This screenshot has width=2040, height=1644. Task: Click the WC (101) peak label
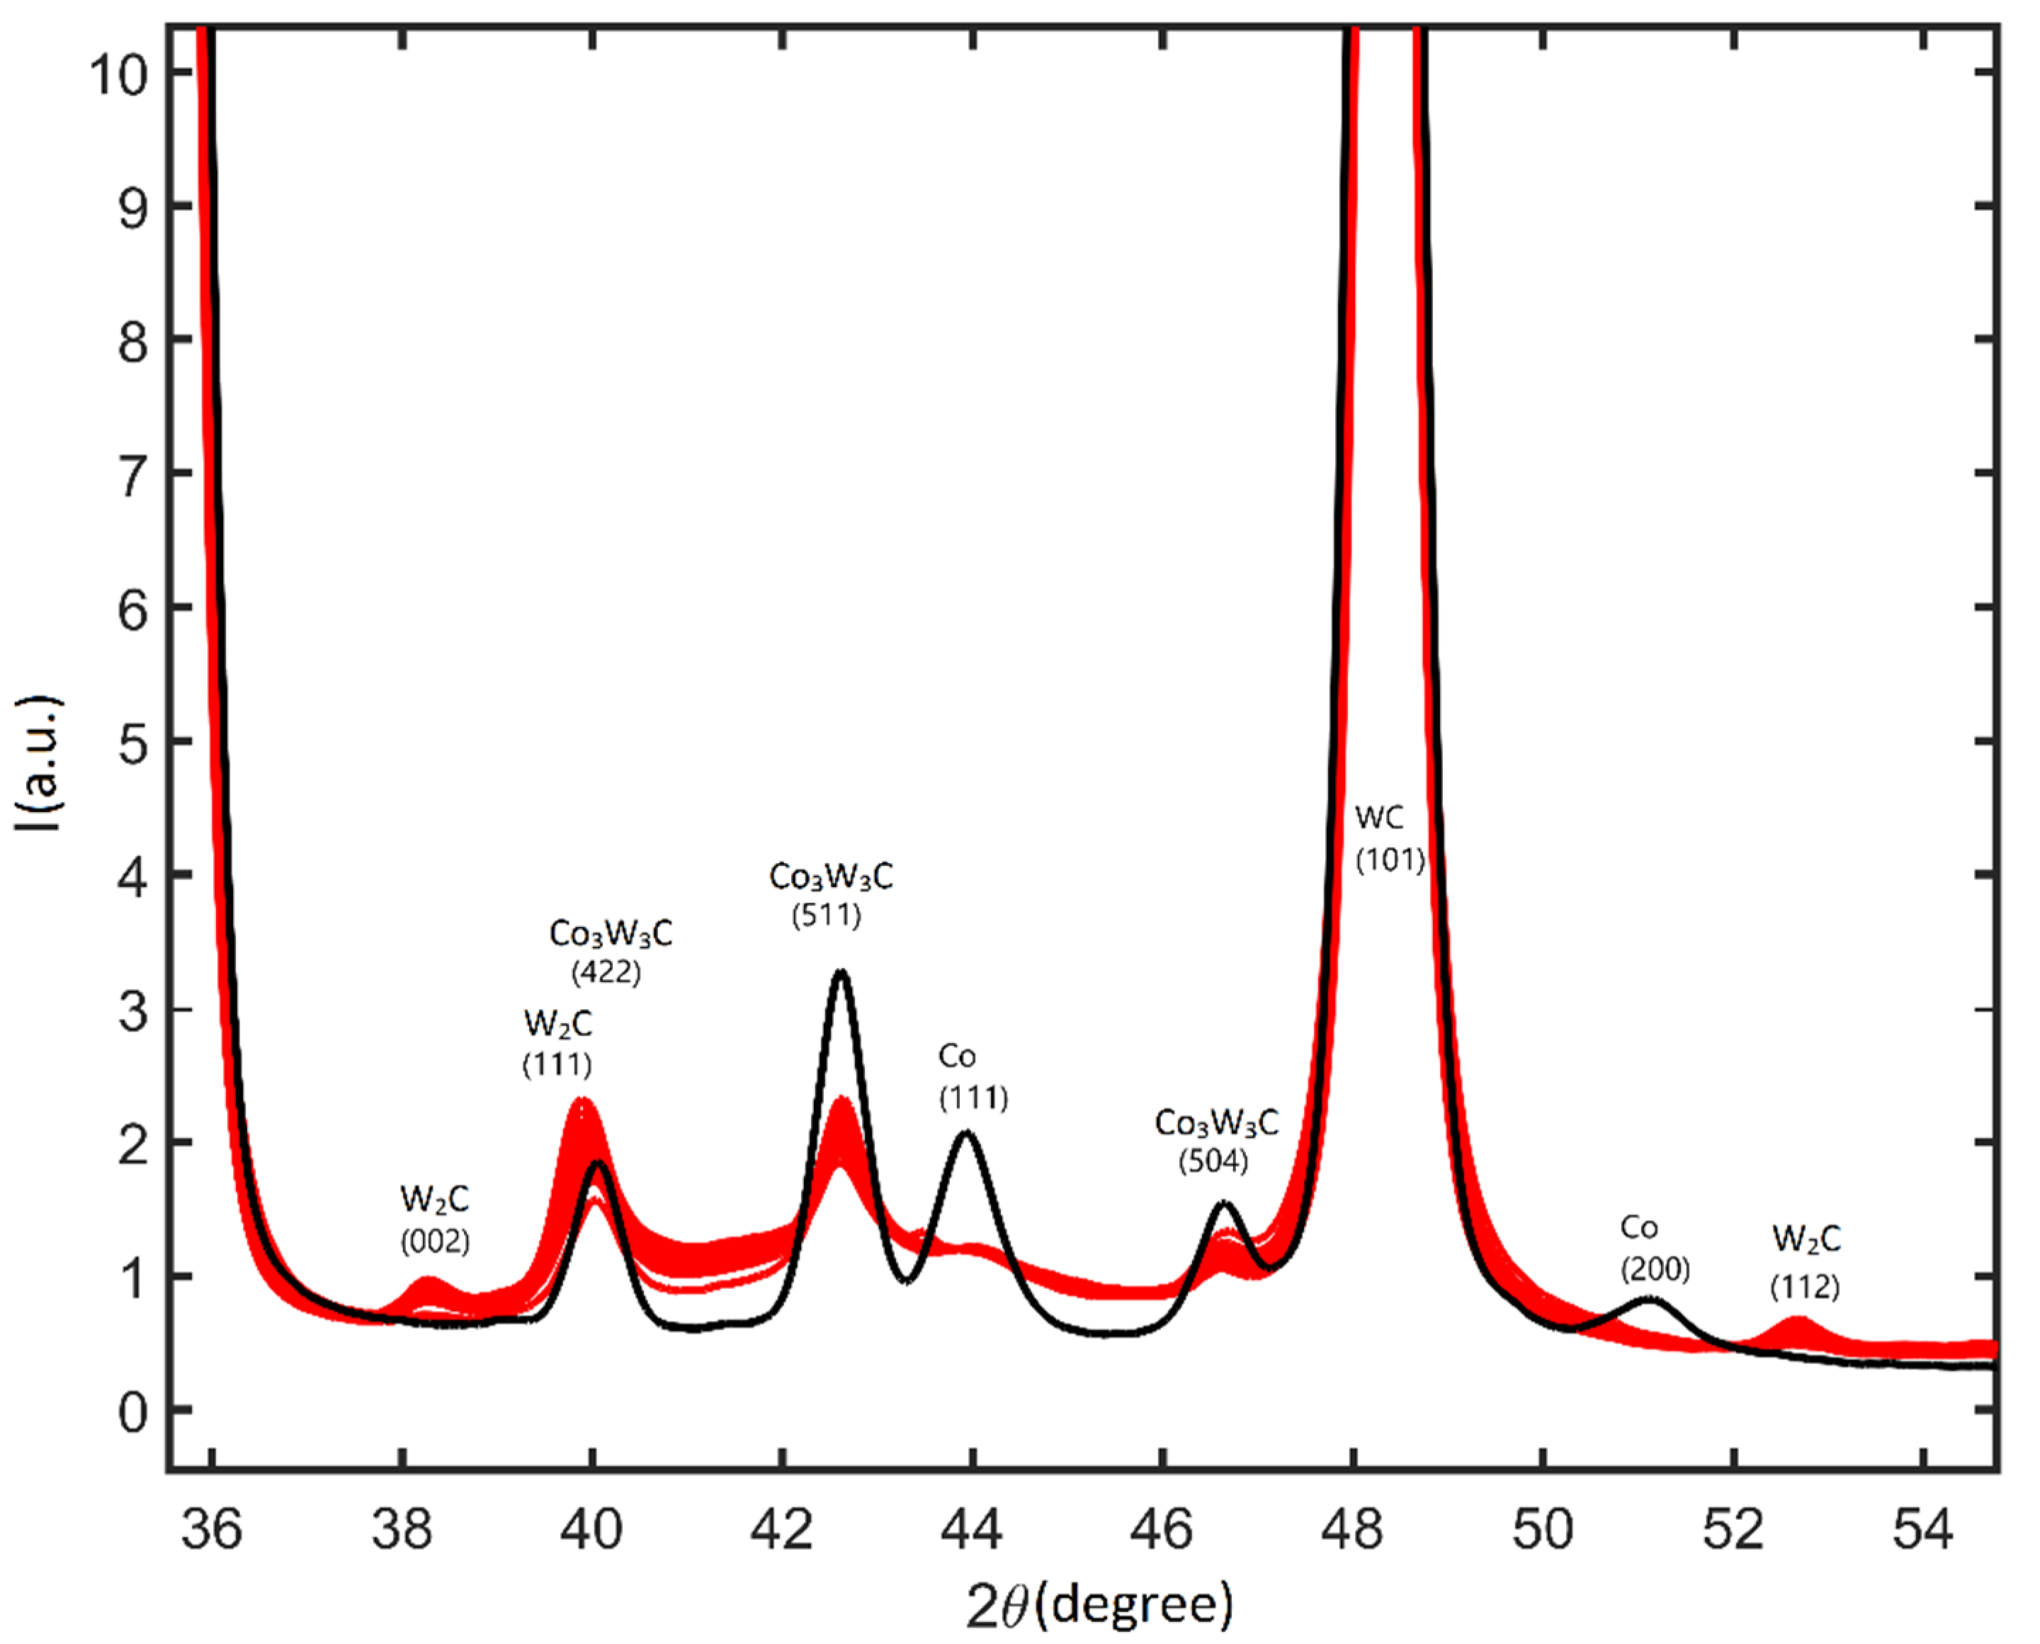pos(1389,839)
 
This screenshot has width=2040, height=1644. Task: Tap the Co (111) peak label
pos(973,1076)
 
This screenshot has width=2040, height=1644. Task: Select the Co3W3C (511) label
pos(830,895)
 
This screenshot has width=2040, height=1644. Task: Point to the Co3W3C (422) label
pos(610,952)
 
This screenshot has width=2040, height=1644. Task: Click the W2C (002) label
pos(434,1220)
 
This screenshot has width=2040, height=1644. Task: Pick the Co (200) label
pos(1654,1247)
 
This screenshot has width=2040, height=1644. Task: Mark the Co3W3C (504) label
pos(1215,1141)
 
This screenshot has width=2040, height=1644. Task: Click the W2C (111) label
pos(557,1042)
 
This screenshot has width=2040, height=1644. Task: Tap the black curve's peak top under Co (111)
pos(965,1134)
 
